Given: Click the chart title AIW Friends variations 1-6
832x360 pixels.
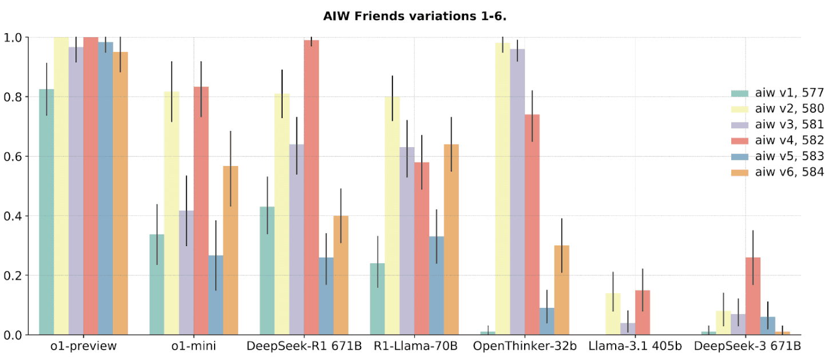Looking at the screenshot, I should pos(415,15).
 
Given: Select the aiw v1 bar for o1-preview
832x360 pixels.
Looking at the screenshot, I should pos(46,212).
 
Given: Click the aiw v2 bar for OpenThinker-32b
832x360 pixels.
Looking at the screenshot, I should pos(502,189).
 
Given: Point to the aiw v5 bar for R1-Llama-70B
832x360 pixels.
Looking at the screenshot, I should pos(436,286).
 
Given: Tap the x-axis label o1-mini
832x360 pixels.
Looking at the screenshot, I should pos(193,346).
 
